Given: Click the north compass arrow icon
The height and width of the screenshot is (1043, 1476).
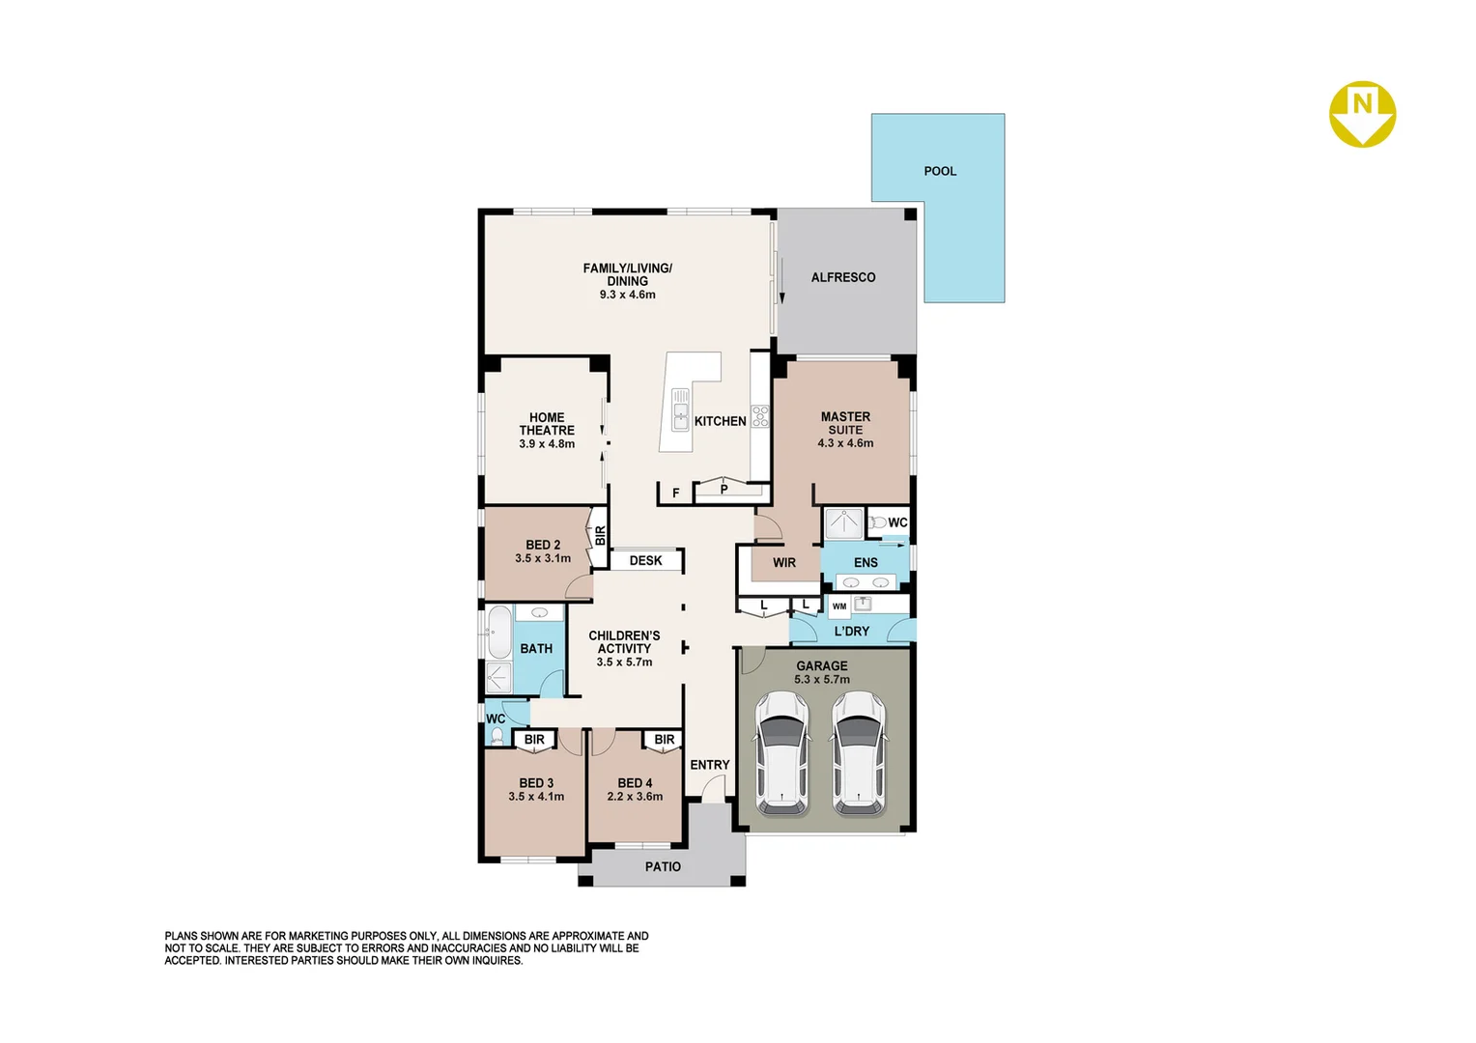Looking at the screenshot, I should (1362, 114).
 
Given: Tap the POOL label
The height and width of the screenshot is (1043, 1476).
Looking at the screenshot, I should (939, 171).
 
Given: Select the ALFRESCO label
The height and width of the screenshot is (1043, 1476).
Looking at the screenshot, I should (842, 277).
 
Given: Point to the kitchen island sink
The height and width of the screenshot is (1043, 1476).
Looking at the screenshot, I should (680, 409).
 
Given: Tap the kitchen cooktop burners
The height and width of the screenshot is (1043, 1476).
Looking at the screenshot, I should (760, 416).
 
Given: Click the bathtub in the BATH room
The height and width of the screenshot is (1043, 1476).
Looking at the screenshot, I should (498, 633).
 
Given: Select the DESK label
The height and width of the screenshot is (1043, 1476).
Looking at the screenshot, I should (645, 561).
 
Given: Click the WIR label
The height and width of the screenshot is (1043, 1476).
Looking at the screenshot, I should (783, 563).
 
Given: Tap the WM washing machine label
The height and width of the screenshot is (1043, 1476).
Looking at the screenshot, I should (838, 606).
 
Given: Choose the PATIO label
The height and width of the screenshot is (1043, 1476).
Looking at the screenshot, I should (663, 867).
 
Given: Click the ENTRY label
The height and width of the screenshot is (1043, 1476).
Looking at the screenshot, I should (709, 765).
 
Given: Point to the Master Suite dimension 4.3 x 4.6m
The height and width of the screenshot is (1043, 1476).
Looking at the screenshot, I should (845, 443).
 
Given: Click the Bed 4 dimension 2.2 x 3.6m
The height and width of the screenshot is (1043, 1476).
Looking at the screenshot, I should (635, 797).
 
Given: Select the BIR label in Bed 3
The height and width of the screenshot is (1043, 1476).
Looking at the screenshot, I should (534, 740).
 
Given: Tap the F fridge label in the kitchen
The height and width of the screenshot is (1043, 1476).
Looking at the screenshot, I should (675, 493).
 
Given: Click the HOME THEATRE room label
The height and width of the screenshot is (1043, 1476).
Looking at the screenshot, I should (547, 424).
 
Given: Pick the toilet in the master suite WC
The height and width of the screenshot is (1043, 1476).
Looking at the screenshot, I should (877, 522).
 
